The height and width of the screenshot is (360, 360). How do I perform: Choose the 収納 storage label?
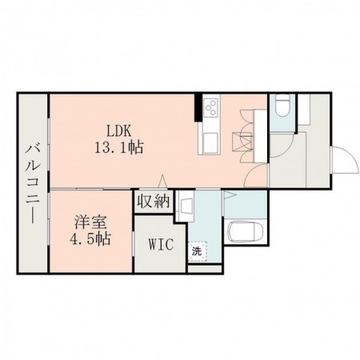152,202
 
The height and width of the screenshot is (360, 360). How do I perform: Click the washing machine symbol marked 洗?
197,250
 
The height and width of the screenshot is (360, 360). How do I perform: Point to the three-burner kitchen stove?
212,107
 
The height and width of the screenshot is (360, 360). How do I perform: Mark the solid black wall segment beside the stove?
198,106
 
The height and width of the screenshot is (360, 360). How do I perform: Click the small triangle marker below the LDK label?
163,179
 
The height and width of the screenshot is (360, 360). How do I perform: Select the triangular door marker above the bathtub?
228,195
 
